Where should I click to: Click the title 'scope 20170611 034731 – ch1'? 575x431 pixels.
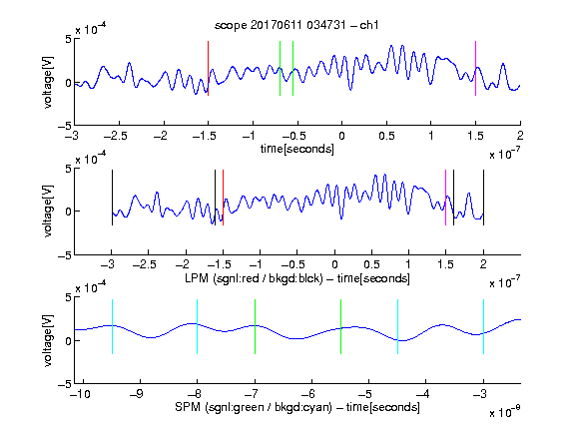[296, 25]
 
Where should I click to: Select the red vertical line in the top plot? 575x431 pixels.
[208, 68]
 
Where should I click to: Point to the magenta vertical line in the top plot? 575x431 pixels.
[475, 68]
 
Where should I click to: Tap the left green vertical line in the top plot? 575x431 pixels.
[280, 68]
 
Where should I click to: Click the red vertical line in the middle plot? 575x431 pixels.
[223, 198]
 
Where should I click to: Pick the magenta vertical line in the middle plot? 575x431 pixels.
[445, 198]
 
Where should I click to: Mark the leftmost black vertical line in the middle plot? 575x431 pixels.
[112, 198]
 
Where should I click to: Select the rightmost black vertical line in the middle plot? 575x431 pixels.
[483, 198]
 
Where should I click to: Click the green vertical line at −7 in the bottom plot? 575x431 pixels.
[255, 326]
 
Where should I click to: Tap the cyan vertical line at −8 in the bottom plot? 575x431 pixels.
[198, 326]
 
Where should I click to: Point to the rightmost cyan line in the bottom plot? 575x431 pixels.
[483, 326]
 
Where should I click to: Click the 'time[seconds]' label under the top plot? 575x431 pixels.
[297, 149]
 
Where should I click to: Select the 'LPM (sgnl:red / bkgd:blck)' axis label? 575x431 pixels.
[254, 278]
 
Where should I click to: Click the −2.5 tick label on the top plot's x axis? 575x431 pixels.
[115, 136]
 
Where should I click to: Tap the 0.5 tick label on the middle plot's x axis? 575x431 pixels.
[371, 264]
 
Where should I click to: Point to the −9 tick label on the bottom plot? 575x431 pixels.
[137, 394]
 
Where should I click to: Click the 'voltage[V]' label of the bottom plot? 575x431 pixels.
[48, 340]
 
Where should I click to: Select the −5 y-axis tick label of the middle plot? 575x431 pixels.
[65, 255]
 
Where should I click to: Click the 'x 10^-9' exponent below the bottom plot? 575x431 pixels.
[505, 411]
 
